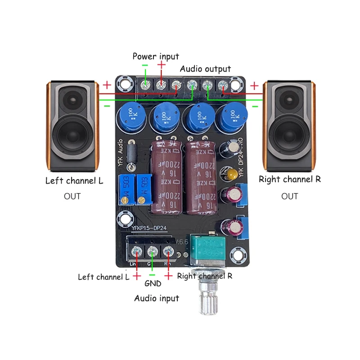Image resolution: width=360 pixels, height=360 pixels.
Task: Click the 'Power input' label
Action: point(155,56)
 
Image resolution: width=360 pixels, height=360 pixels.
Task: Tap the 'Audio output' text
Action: point(205,69)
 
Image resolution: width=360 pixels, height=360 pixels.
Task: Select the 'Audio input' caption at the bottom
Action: point(157,298)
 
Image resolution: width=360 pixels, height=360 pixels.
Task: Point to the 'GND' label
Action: point(153,284)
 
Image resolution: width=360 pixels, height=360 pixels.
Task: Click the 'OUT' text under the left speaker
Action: point(72,196)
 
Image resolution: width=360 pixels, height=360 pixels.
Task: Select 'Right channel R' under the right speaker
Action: point(289,179)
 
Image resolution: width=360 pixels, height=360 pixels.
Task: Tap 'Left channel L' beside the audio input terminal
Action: point(103,277)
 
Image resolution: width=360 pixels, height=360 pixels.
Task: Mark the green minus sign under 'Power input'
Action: point(145,66)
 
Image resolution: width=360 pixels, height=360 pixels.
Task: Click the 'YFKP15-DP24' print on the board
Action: point(149,228)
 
